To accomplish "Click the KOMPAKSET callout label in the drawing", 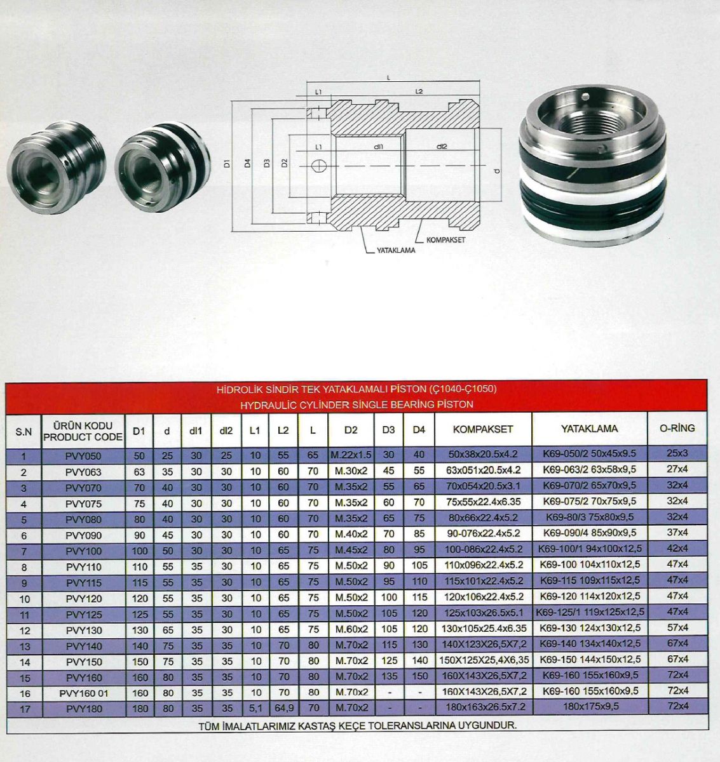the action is pyautogui.click(x=446, y=240).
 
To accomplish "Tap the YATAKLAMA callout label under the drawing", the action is pyautogui.click(x=396, y=250).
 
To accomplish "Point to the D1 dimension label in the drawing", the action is pyautogui.click(x=228, y=163).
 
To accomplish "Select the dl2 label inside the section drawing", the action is pyautogui.click(x=442, y=147).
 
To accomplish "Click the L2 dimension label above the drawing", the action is pyautogui.click(x=419, y=91).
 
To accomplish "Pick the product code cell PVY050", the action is pyautogui.click(x=83, y=456).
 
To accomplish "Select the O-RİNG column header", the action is pyautogui.click(x=677, y=428).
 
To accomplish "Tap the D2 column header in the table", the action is pyautogui.click(x=351, y=430).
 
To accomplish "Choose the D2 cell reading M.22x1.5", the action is pyautogui.click(x=351, y=455).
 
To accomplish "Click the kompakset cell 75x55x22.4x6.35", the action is pyautogui.click(x=484, y=502).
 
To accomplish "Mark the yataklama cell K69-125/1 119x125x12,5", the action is pyautogui.click(x=590, y=612).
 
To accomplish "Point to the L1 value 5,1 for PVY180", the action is pyautogui.click(x=255, y=708).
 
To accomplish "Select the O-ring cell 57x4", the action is pyautogui.click(x=678, y=627).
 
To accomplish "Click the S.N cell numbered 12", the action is pyautogui.click(x=24, y=631).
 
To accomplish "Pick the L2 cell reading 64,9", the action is pyautogui.click(x=284, y=708).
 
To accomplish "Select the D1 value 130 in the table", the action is pyautogui.click(x=139, y=630).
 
